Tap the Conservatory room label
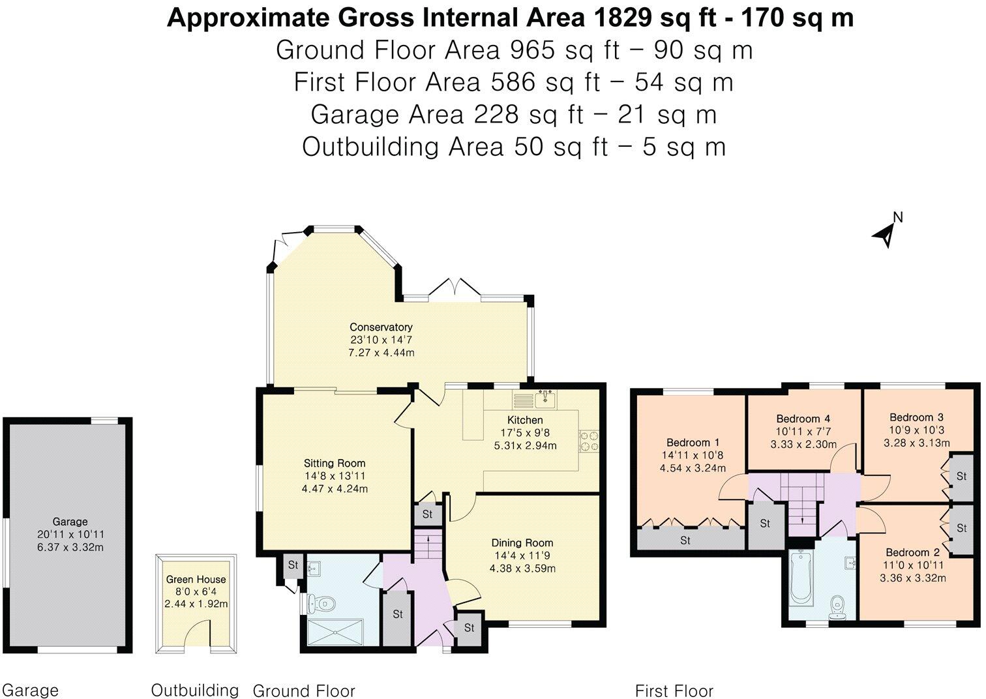[381, 327]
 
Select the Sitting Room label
[334, 464]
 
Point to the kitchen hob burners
[589, 441]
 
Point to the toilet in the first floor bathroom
[836, 608]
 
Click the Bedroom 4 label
[803, 419]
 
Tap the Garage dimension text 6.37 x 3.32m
[70, 547]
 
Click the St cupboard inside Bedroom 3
[961, 477]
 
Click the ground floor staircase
[427, 545]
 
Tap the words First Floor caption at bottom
[674, 691]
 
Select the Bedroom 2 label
[916, 552]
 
